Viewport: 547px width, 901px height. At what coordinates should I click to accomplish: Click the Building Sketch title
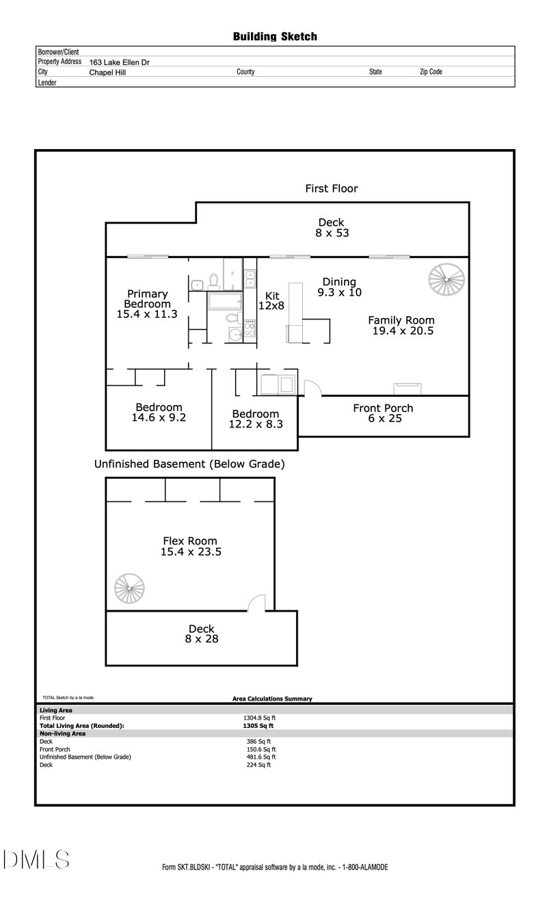[275, 36]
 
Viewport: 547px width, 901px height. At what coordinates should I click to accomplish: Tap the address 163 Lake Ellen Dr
[120, 62]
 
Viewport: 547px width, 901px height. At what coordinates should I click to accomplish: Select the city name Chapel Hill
[107, 72]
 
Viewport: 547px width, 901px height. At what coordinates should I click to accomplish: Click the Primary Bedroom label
[147, 299]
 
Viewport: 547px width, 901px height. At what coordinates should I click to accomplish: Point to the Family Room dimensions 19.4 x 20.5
[403, 331]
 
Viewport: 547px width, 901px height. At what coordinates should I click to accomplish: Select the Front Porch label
[383, 408]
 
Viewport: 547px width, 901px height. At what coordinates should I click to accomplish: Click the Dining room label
[339, 282]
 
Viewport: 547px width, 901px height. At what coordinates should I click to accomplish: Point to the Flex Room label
[188, 540]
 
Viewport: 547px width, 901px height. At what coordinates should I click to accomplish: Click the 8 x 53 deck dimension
[331, 233]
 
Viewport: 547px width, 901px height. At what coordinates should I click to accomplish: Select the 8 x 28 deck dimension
[201, 639]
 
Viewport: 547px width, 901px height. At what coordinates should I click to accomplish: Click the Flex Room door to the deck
[256, 603]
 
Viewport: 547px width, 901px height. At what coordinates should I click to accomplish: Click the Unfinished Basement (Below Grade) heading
[189, 464]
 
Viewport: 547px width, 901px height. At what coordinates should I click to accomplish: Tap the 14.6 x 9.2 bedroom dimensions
[159, 417]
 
